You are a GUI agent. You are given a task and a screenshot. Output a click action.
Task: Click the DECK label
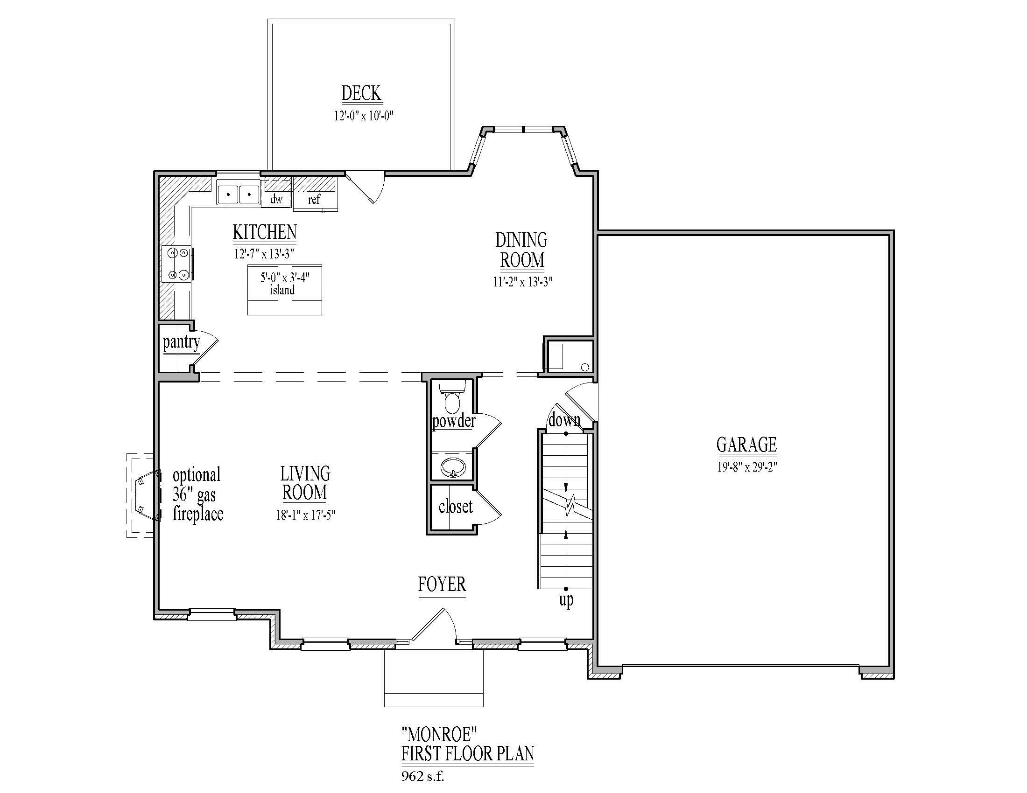click(361, 93)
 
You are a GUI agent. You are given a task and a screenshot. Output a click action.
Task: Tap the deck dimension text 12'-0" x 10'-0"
click(364, 116)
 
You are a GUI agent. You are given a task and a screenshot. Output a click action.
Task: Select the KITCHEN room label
click(265, 232)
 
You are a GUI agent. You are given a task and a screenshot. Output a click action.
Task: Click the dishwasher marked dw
click(276, 199)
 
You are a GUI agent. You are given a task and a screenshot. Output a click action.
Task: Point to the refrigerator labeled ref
click(314, 199)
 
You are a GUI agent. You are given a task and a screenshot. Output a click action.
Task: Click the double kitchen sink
click(239, 194)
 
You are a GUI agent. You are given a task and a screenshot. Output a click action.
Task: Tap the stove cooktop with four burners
click(177, 264)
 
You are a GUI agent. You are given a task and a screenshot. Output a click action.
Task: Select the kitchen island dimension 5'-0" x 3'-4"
click(285, 278)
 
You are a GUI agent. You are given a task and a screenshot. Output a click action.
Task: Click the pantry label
click(182, 342)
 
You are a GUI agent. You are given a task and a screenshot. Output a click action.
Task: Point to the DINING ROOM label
click(521, 250)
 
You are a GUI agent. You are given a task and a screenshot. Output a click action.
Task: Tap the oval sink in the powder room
click(453, 467)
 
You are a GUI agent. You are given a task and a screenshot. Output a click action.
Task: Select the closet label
click(455, 507)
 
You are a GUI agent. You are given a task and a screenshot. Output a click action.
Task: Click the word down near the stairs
click(564, 419)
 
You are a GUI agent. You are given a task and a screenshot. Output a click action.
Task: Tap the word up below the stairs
click(566, 599)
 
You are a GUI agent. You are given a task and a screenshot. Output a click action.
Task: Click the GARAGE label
click(746, 445)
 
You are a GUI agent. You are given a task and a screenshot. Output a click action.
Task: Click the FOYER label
click(442, 584)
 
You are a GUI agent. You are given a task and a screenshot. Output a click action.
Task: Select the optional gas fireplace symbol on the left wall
click(147, 495)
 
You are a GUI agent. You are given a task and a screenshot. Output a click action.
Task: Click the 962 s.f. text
click(423, 776)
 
